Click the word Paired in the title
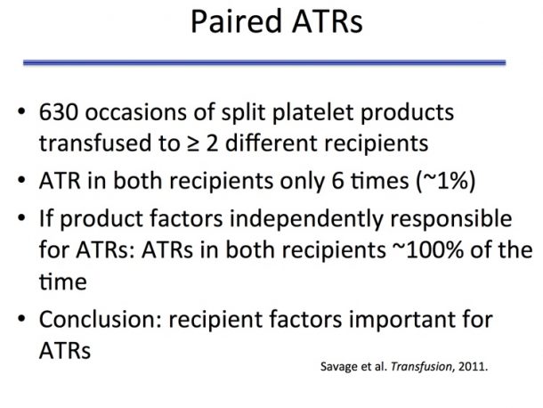click(236, 21)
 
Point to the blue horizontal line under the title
click(264, 62)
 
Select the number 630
click(58, 112)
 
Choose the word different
click(271, 143)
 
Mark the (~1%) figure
click(446, 181)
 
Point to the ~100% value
click(428, 249)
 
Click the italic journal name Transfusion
click(421, 366)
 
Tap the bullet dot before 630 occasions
click(21, 111)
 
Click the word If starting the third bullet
click(46, 218)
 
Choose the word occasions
click(135, 113)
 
